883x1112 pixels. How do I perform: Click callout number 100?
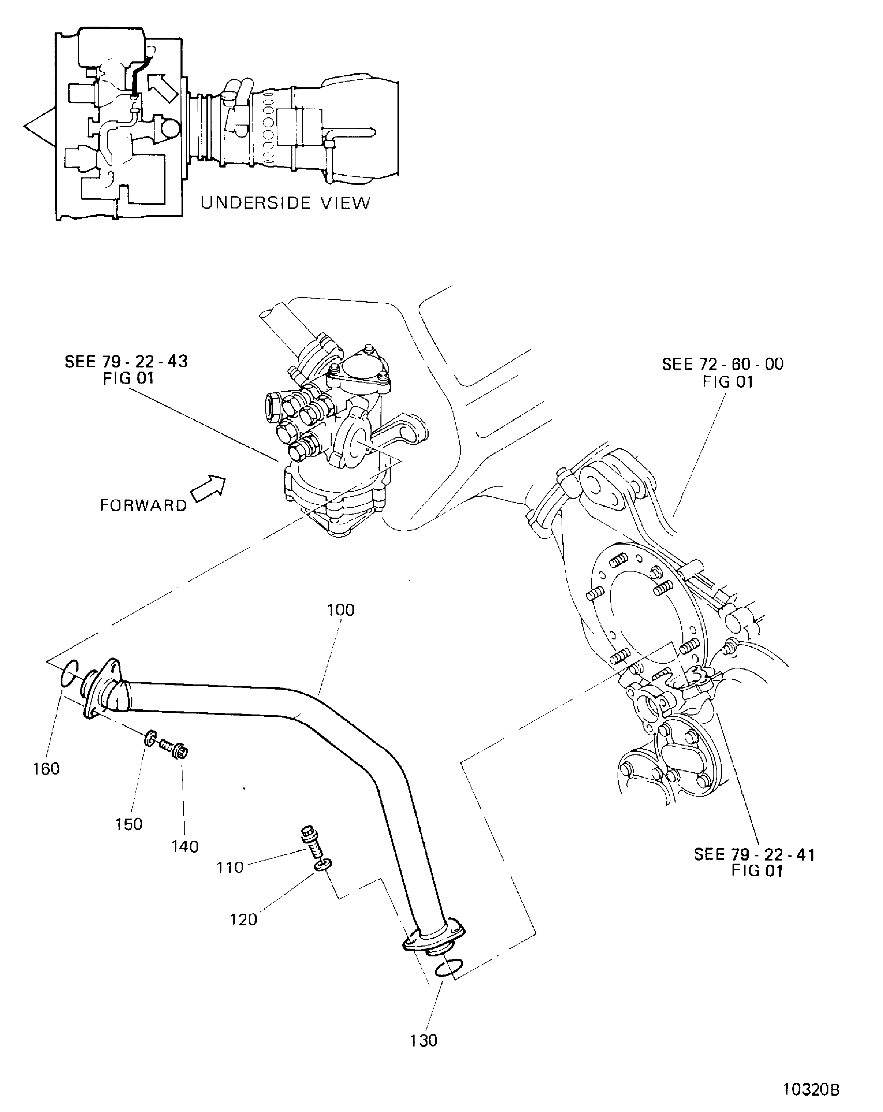pyautogui.click(x=341, y=610)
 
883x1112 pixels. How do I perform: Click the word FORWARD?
pyautogui.click(x=143, y=505)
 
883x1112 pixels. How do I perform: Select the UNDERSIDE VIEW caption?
pyautogui.click(x=285, y=203)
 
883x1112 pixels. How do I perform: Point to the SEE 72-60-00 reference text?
pyautogui.click(x=723, y=372)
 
